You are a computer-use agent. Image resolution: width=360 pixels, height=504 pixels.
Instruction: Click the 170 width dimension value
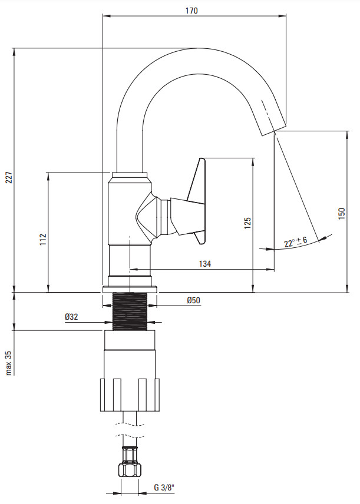(191, 10)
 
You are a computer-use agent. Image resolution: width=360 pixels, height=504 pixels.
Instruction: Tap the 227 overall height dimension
(9, 178)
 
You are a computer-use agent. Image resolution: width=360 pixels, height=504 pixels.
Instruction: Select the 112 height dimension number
(43, 240)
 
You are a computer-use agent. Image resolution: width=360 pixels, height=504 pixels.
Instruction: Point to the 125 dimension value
(247, 223)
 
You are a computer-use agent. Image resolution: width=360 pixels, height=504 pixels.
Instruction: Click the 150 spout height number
(342, 214)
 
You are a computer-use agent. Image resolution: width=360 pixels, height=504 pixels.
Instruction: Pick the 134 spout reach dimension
(205, 264)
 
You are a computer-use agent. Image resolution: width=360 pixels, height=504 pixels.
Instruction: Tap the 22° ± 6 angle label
(296, 241)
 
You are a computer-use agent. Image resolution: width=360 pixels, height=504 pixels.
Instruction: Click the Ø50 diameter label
(193, 300)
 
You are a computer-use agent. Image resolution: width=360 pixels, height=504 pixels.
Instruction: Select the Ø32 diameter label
(71, 317)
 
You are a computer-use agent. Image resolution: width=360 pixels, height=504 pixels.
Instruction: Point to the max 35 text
(9, 363)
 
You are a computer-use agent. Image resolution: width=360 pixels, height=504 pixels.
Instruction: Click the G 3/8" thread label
(164, 488)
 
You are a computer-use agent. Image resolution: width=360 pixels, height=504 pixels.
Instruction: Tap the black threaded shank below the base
(130, 311)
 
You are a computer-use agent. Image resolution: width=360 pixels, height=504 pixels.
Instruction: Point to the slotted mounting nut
(130, 394)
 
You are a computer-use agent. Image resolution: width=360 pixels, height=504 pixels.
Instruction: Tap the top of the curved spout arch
(197, 49)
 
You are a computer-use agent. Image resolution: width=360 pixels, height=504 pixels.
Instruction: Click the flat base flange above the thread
(130, 289)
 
